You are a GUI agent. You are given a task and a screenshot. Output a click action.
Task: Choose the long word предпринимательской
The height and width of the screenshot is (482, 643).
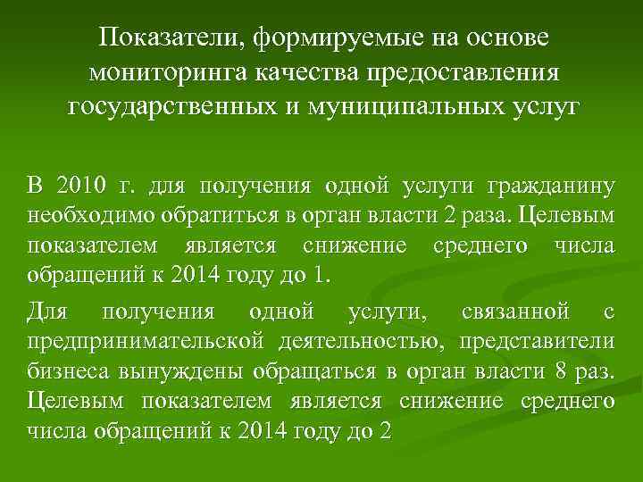tap(145, 342)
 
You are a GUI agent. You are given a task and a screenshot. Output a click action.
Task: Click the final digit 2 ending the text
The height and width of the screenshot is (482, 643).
tap(386, 428)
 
